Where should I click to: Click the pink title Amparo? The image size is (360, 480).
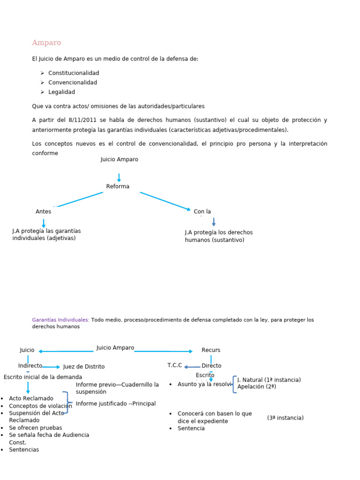coord(46,43)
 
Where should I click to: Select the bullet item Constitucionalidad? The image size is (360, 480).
coord(74,73)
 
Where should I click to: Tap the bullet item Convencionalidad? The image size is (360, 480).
coord(73,82)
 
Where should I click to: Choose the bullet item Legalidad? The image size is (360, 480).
coord(61,92)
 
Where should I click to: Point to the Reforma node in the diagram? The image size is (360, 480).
coord(118,187)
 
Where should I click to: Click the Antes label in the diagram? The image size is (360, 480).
coord(43,211)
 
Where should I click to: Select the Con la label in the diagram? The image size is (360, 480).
coord(202,211)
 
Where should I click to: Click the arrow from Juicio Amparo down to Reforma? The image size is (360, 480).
coord(119,178)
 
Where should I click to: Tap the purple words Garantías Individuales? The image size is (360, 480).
coord(60,320)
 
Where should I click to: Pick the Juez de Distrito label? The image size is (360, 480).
coord(84,367)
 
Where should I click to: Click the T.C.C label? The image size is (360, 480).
coord(174,365)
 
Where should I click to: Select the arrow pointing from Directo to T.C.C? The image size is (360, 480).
coord(192,367)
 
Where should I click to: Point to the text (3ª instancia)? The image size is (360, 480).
coord(285,418)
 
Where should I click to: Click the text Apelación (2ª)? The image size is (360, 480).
coord(256,387)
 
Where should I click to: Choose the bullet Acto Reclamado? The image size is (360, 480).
coord(31,398)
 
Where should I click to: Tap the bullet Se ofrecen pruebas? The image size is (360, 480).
coord(35,427)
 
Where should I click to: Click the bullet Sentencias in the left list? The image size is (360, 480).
coord(24,450)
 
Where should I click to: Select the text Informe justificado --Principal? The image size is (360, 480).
coord(116,404)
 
